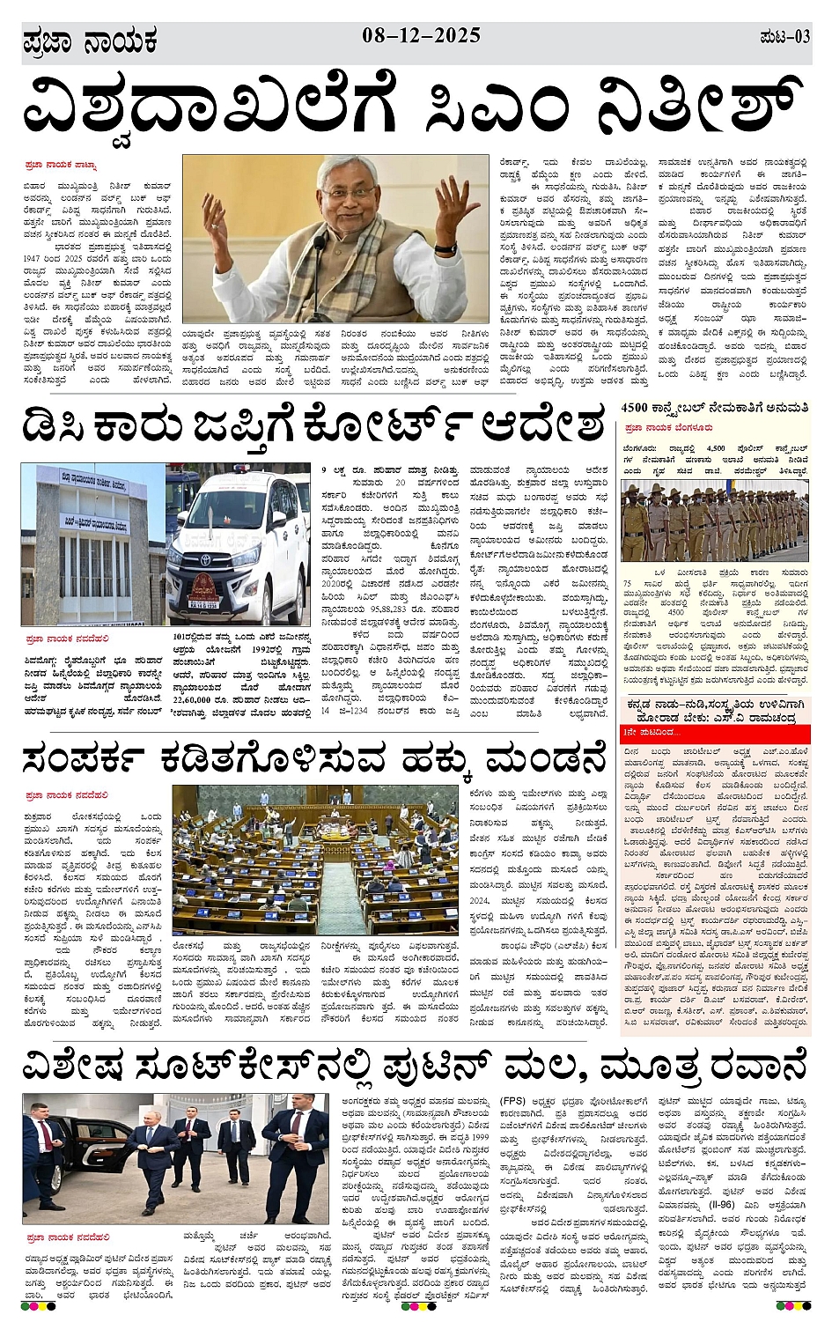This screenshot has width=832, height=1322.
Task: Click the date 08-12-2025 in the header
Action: [x=421, y=35]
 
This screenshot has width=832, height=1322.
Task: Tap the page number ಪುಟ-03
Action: [x=784, y=38]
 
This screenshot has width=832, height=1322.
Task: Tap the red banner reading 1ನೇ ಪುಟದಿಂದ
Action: [x=650, y=733]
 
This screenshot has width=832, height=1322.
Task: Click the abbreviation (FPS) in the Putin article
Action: [x=513, y=1101]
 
